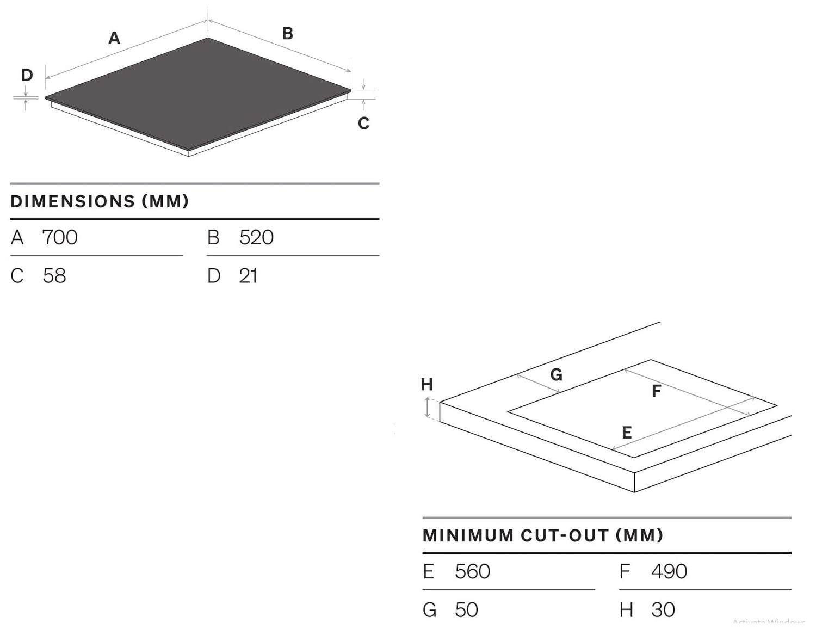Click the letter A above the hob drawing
click(114, 38)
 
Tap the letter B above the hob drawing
click(288, 34)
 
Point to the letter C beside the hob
click(363, 124)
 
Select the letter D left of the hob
click(27, 75)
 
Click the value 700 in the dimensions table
click(60, 237)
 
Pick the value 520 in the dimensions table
click(256, 237)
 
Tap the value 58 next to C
click(54, 276)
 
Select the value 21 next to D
click(248, 276)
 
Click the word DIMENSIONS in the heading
click(72, 201)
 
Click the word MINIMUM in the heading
click(468, 535)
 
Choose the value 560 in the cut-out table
click(472, 571)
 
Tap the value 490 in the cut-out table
click(669, 571)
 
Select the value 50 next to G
click(466, 610)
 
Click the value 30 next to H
click(663, 610)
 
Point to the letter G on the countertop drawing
click(556, 374)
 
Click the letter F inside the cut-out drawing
click(657, 391)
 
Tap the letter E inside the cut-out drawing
click(627, 433)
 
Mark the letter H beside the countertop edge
click(427, 385)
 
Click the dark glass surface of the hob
click(196, 92)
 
